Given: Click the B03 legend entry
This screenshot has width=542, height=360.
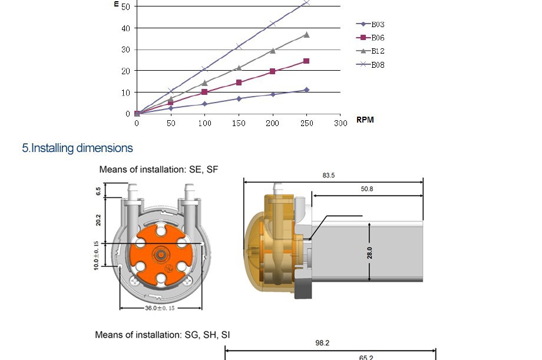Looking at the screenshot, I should [x=371, y=24].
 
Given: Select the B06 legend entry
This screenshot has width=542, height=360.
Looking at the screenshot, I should [x=371, y=38].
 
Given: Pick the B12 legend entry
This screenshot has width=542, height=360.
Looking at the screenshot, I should [x=371, y=51].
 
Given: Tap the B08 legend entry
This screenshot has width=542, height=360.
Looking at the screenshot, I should [x=371, y=65].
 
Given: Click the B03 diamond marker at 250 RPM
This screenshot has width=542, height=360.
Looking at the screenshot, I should [x=306, y=90].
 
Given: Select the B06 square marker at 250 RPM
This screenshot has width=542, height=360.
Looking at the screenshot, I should [x=306, y=61].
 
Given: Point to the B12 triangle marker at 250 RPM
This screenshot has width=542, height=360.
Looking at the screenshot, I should [x=306, y=35].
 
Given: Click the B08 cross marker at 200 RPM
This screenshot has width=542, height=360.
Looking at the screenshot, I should [x=273, y=24].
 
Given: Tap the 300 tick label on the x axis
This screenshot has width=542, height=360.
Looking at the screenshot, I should [x=341, y=123].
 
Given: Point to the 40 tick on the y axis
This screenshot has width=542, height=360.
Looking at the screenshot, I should [x=126, y=28].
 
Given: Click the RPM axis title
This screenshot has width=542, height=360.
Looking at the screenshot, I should [x=365, y=120].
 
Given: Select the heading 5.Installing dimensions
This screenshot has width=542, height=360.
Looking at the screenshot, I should [x=77, y=148].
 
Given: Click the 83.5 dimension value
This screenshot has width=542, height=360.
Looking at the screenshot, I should [x=329, y=175].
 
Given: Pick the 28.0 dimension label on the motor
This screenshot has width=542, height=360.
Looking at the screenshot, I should [x=369, y=253].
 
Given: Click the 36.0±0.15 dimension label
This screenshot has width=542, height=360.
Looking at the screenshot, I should [x=160, y=308].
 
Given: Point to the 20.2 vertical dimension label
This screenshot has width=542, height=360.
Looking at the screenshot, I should [x=98, y=220].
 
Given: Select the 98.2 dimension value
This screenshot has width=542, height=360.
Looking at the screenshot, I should [x=322, y=343].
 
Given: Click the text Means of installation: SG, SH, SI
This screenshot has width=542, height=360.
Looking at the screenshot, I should [x=163, y=335].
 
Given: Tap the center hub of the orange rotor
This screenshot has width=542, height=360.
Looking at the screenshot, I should [x=160, y=254].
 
